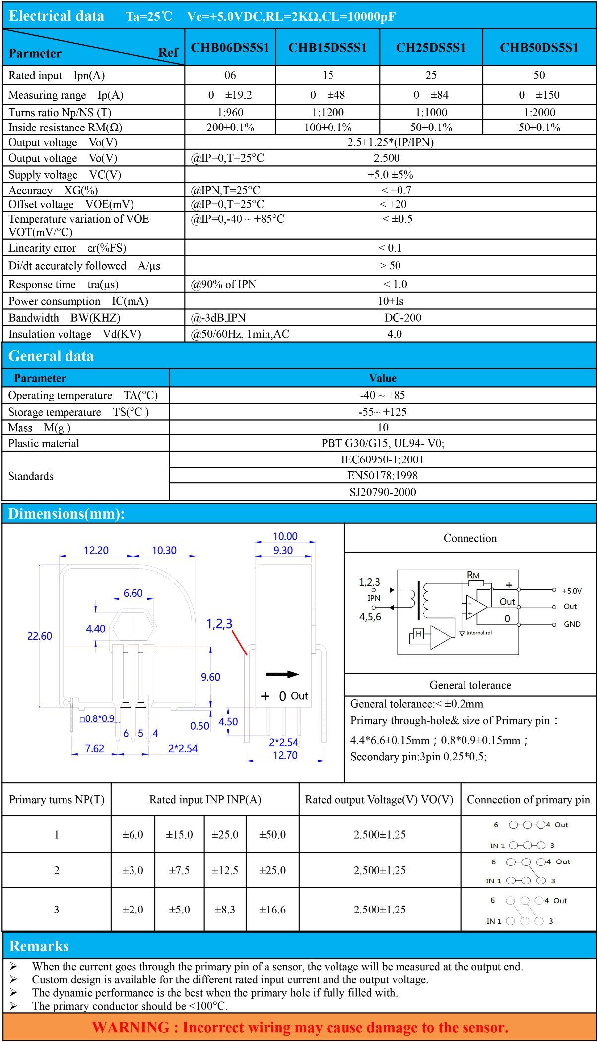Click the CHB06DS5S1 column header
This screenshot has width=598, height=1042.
pos(230,48)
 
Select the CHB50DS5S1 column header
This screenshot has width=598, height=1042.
pos(539,48)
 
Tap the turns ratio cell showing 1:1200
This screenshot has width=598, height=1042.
pos(328,112)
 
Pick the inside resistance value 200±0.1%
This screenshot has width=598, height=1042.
pos(230,128)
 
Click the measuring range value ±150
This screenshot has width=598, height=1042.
pos(547,95)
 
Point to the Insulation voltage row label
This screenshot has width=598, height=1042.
pos(75,334)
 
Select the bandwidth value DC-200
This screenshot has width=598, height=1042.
pos(402,318)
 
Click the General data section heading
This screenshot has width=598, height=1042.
pos(51,356)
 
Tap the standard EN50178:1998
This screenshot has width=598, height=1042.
pos(383,476)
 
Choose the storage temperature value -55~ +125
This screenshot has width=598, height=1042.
pos(383,412)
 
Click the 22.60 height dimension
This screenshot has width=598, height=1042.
pos(40,636)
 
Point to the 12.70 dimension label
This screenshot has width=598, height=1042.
pos(285,755)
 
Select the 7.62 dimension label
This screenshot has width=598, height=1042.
pos(95,748)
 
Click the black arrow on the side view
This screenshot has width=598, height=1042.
pos(282,674)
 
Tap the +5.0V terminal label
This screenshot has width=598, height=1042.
pos(572,591)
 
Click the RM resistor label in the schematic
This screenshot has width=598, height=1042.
pos(473,575)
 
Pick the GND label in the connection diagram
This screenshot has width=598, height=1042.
pos(572,624)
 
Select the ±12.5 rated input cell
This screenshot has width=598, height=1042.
pos(225,870)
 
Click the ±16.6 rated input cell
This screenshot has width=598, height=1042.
pos(272,910)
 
